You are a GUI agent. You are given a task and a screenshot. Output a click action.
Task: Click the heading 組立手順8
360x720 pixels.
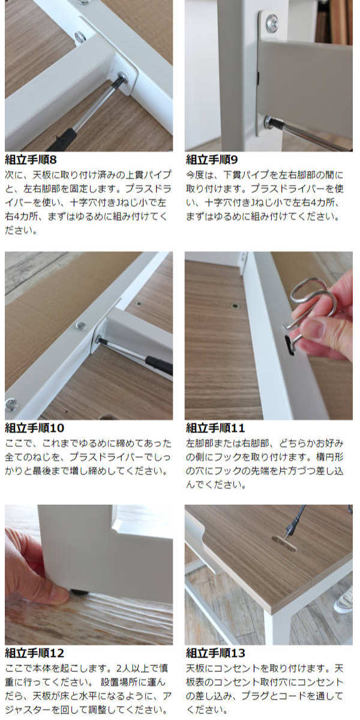tap(31, 160)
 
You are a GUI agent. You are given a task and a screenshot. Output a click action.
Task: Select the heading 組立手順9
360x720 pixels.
tap(212, 160)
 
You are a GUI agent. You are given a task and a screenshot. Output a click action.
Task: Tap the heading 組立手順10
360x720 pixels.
tap(35, 428)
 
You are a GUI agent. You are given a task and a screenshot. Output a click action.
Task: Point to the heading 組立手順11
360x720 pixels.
tap(215, 428)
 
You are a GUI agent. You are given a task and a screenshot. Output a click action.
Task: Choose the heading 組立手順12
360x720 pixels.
tap(35, 653)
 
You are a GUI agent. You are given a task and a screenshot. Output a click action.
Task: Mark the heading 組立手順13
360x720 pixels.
tap(215, 653)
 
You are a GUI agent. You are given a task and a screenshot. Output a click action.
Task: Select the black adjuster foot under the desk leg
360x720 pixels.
tap(78, 592)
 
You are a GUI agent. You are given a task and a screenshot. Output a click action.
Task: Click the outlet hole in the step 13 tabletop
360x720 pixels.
tap(284, 543)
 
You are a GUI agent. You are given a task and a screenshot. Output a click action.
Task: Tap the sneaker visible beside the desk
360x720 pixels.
tap(344, 601)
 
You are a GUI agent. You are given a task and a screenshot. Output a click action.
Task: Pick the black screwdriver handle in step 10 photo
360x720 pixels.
tap(159, 365)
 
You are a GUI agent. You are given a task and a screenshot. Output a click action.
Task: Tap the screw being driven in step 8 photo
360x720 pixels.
tap(122, 78)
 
